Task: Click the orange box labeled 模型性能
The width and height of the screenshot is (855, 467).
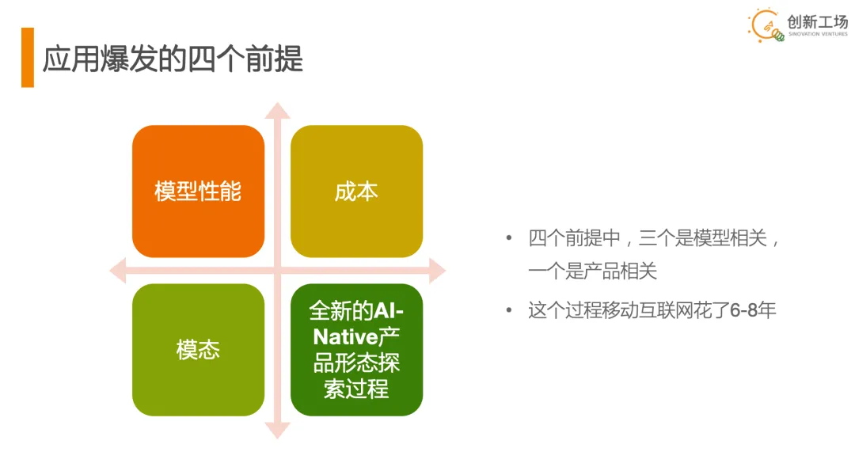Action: [x=198, y=192]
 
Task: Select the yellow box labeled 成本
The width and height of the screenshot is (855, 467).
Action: [x=356, y=192]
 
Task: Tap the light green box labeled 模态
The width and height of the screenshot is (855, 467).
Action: [x=198, y=350]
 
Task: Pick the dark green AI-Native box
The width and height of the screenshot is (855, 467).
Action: [x=356, y=350]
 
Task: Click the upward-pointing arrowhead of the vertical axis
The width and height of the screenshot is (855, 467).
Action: [x=277, y=111]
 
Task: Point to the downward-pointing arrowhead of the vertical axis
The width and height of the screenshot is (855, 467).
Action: [x=277, y=430]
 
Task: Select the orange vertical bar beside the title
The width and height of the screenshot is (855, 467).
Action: [x=28, y=58]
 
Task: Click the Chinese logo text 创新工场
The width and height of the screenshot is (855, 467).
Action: [x=817, y=21]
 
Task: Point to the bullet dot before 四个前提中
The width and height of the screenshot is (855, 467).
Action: [x=509, y=238]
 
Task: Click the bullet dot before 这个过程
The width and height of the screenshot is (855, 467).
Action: [x=509, y=309]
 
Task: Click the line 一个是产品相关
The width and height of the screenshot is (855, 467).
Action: [x=593, y=271]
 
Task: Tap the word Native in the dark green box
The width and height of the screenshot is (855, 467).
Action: [x=344, y=337]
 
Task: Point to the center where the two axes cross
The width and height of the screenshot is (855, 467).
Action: [x=277, y=271]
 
